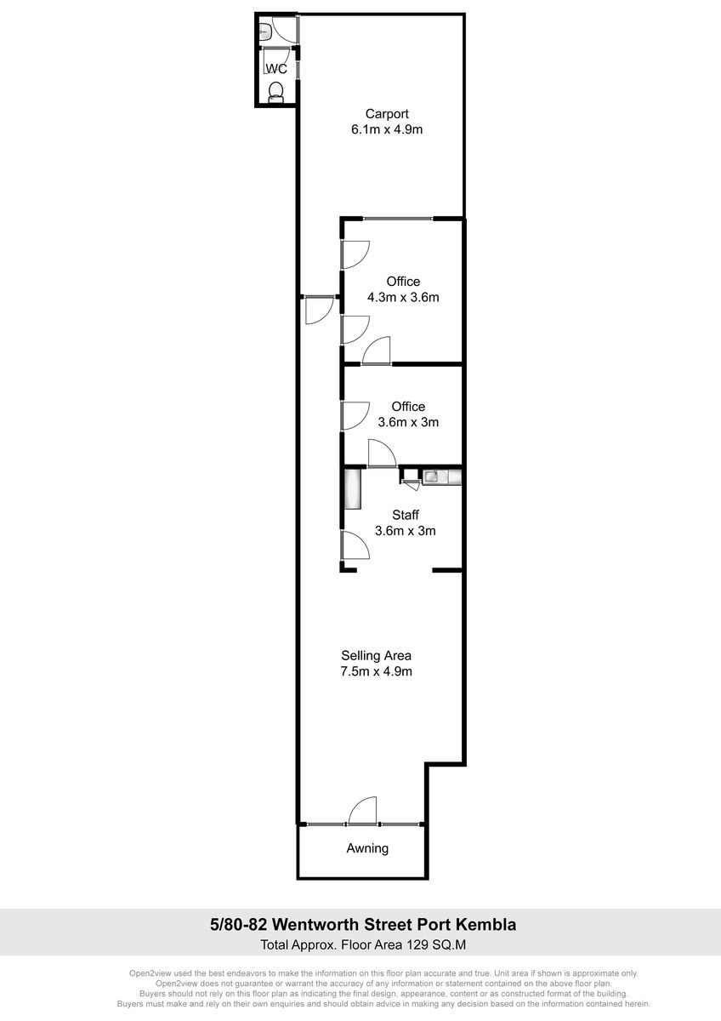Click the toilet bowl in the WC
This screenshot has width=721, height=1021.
coord(275,93)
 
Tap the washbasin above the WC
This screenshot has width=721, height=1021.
coord(265,31)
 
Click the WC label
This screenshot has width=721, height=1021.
coord(276,69)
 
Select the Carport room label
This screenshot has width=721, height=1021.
coord(387,113)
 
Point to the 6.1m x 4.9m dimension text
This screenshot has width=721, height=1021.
coord(387,129)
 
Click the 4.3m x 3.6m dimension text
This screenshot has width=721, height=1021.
coord(403,297)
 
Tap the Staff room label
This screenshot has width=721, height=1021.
coord(406,515)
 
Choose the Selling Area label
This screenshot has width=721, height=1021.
coord(376,655)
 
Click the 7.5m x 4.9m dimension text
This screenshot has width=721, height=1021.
coord(376,671)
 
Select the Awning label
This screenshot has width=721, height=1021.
coord(367,848)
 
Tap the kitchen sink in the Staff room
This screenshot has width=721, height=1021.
coord(430,476)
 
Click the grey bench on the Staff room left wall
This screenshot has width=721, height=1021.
coord(353,489)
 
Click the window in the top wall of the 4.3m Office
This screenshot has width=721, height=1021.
coord(398,219)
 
